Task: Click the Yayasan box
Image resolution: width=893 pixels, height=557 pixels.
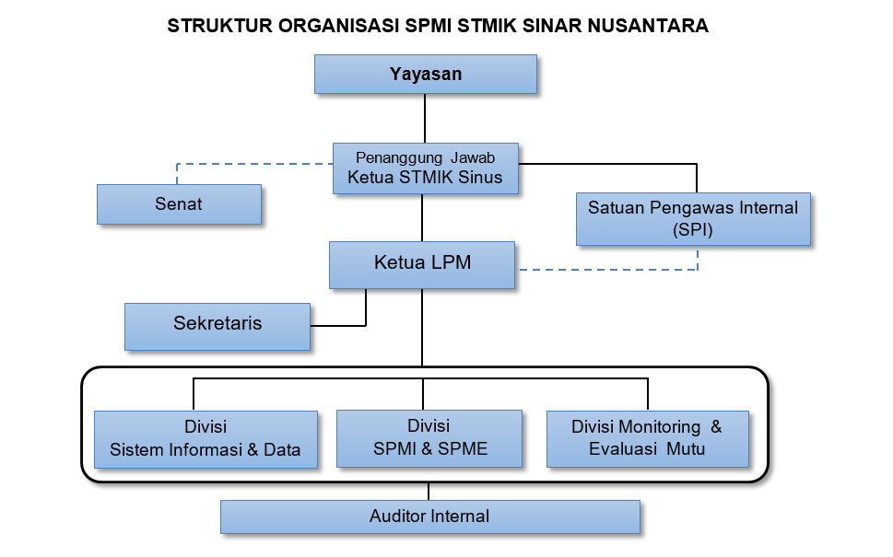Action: coord(426,74)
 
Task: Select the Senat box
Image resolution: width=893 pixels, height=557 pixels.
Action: coord(179,204)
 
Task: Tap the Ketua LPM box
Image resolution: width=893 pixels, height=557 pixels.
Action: coord(422,265)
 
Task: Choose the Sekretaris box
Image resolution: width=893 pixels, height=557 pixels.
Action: coord(217,327)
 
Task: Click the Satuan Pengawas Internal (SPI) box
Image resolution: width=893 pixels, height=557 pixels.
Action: coord(693,219)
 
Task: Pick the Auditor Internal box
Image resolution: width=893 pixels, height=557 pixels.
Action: coord(430,516)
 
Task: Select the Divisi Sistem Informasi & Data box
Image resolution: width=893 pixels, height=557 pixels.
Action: coord(206,439)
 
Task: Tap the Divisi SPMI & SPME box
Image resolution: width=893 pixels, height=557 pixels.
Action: coord(429,438)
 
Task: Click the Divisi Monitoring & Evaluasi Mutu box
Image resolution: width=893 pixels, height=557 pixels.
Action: coord(648,438)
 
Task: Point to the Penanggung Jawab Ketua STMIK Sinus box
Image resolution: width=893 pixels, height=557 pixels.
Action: coord(426,168)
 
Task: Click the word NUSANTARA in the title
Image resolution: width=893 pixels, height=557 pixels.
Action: coord(648,26)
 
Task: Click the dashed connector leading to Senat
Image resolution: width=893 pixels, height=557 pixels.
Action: coord(240,164)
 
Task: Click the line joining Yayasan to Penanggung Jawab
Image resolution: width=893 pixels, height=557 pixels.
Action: coord(425,119)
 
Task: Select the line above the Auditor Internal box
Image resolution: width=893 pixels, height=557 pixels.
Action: coord(429,492)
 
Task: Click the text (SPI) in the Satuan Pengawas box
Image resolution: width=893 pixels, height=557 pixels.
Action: coord(692,230)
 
